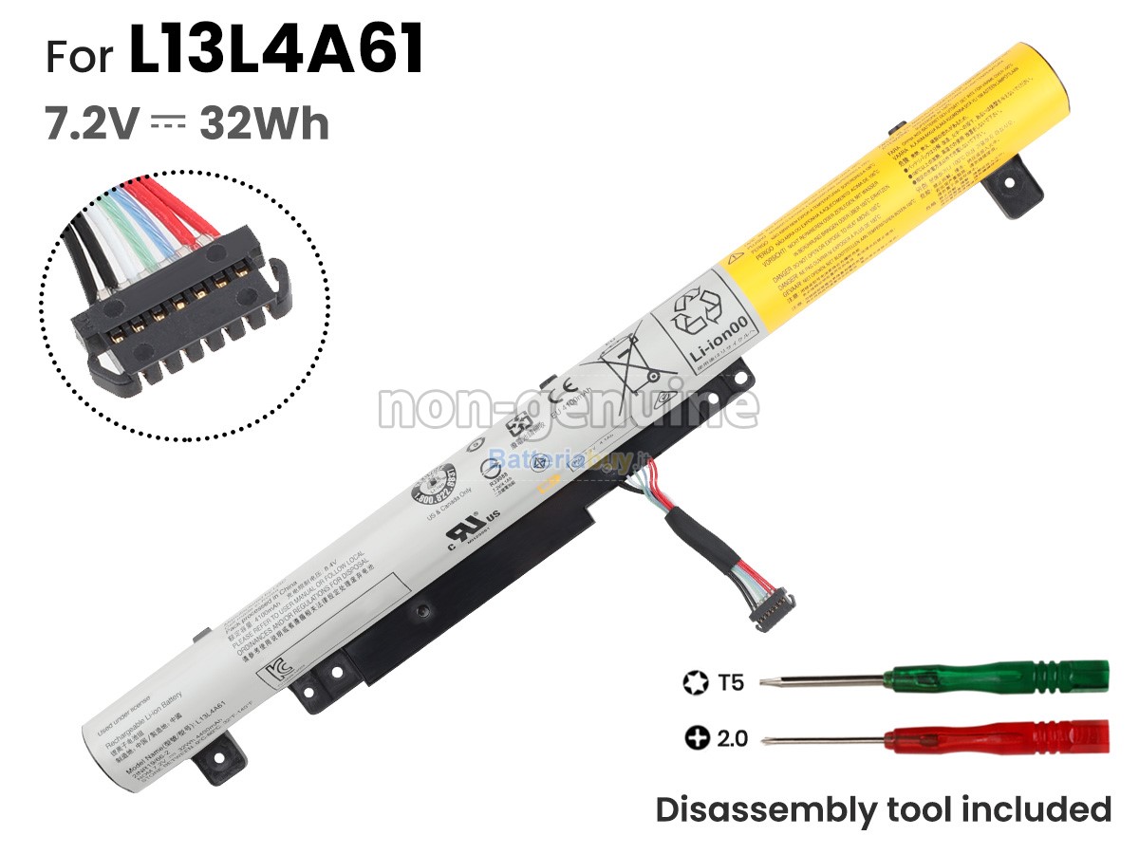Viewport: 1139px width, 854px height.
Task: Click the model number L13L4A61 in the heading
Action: click(276, 53)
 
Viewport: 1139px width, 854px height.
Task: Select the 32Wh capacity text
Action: click(264, 124)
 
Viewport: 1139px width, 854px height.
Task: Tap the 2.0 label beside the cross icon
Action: click(732, 737)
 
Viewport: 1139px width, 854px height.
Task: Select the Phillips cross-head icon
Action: click(697, 737)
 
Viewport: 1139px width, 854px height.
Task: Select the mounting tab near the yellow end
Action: click(1007, 190)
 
